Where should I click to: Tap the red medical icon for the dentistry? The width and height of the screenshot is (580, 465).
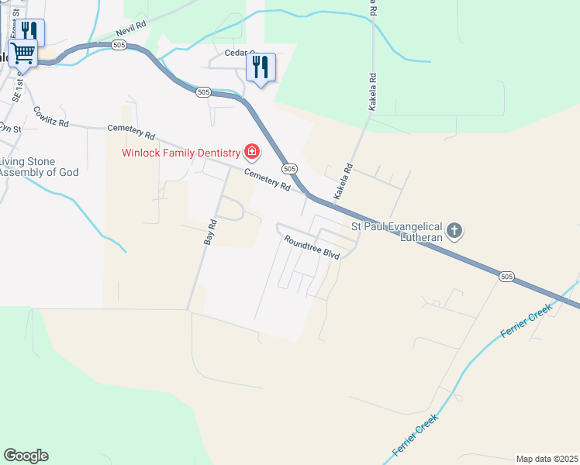(251, 150)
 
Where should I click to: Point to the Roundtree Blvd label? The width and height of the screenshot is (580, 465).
(312, 248)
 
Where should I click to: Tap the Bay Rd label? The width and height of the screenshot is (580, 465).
(209, 232)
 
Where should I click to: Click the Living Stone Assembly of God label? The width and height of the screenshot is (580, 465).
(39, 167)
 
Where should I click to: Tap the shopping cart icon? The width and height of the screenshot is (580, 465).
(22, 54)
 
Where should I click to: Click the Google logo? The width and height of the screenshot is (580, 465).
(26, 456)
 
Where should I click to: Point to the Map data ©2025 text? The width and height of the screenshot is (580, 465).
(547, 458)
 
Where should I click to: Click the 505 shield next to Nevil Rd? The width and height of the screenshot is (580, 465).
(119, 46)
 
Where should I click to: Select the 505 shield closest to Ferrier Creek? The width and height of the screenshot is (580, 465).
(506, 276)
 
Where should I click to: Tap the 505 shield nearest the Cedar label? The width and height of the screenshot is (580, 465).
(203, 91)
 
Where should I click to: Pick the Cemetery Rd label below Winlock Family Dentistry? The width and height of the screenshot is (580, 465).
(267, 181)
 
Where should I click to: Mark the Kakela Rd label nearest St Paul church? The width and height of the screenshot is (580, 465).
(343, 180)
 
